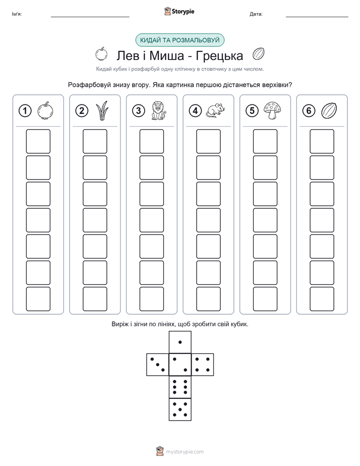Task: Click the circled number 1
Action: click(25, 111)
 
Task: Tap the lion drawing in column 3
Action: click(159, 111)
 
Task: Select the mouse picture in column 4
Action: click(216, 110)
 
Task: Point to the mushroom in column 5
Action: click(272, 110)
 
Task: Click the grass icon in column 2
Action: click(102, 110)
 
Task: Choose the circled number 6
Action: click(309, 111)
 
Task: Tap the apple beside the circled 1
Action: click(45, 111)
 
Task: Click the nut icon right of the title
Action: click(258, 54)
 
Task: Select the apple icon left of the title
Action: click(101, 54)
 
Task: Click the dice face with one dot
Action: click(180, 342)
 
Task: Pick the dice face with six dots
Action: click(180, 387)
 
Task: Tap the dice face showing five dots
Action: click(180, 410)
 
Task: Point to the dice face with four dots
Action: click(203, 365)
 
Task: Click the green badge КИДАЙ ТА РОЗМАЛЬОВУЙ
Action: click(179, 40)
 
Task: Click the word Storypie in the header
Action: click(183, 12)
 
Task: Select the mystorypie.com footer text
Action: click(185, 452)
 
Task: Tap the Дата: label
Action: click(256, 14)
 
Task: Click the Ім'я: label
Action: click(17, 14)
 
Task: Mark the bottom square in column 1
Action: click(38, 299)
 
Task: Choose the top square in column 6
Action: click(322, 141)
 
